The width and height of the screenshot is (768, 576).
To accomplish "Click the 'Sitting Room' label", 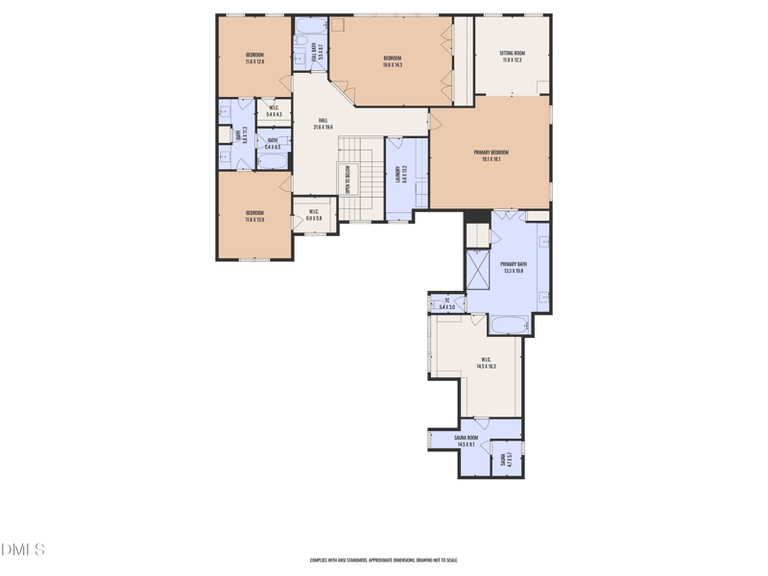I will click(x=513, y=56).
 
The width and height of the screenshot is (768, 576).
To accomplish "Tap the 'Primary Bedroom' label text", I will click(x=491, y=156).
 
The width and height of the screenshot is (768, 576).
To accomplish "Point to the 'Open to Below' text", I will click(x=346, y=180).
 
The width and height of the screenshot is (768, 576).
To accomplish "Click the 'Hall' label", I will click(x=323, y=123).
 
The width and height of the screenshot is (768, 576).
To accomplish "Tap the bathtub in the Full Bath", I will click(x=310, y=28).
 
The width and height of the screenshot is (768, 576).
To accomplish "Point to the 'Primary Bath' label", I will click(x=513, y=267).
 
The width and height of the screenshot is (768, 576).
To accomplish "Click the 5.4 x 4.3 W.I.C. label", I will click(x=274, y=110).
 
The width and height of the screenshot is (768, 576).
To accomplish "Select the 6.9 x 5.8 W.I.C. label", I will click(x=313, y=215).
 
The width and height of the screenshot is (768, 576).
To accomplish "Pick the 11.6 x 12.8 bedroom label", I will click(x=254, y=58).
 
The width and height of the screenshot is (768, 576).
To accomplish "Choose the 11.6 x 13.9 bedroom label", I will click(x=254, y=216).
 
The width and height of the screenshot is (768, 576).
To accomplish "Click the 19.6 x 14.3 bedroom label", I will click(x=393, y=60).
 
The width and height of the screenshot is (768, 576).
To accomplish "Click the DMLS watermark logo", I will click(x=23, y=550).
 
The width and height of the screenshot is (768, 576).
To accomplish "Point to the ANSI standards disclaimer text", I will click(x=383, y=560).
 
